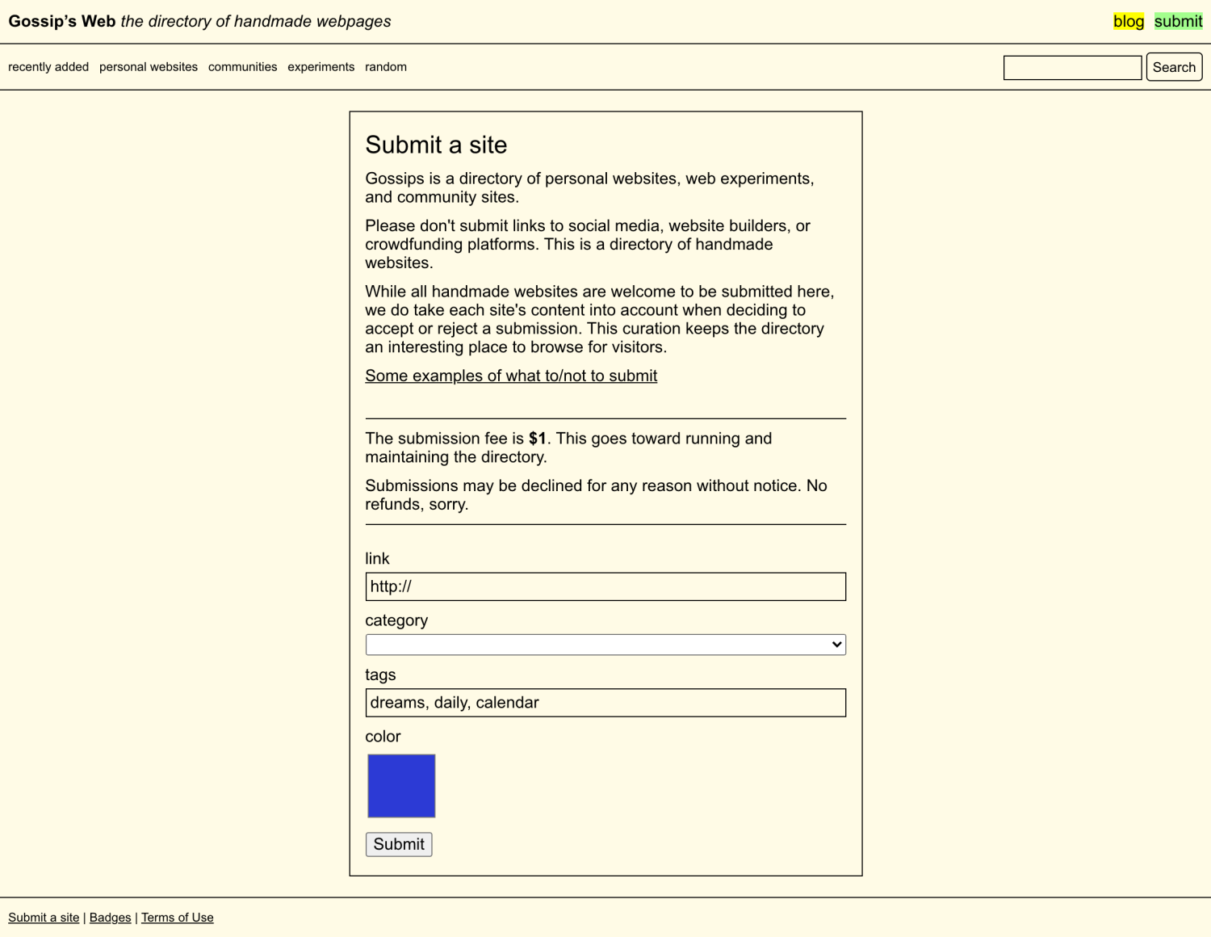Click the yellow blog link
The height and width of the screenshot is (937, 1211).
click(x=1128, y=22)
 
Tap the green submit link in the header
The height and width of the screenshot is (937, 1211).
click(x=1178, y=22)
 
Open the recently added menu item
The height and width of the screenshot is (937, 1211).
click(x=48, y=67)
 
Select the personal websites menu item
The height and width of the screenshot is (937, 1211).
click(x=149, y=67)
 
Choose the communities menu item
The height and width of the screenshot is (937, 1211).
click(x=242, y=67)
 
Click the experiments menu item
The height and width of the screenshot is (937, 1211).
click(x=321, y=67)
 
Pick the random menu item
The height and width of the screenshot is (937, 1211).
click(x=386, y=67)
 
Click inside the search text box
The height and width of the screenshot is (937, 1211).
click(x=1072, y=68)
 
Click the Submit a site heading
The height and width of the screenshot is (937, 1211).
click(x=436, y=145)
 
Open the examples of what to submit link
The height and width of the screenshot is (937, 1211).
click(x=511, y=376)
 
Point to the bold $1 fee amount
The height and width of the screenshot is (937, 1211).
click(x=537, y=439)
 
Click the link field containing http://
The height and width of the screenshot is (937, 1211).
click(x=605, y=586)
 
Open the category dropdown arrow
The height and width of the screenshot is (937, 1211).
click(x=836, y=645)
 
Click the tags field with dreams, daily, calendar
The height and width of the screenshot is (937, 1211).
click(x=605, y=703)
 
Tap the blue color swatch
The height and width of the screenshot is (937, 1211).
click(x=401, y=786)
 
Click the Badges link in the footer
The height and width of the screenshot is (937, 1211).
click(x=110, y=918)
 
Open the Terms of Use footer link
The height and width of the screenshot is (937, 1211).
click(x=178, y=918)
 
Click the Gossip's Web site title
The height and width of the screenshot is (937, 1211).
click(x=62, y=22)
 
